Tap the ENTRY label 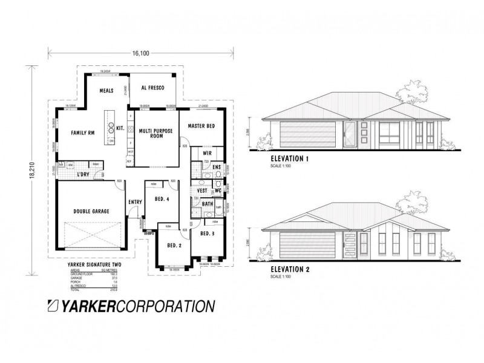[x=134, y=203]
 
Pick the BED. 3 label [x=207, y=234]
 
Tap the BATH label [x=208, y=204]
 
